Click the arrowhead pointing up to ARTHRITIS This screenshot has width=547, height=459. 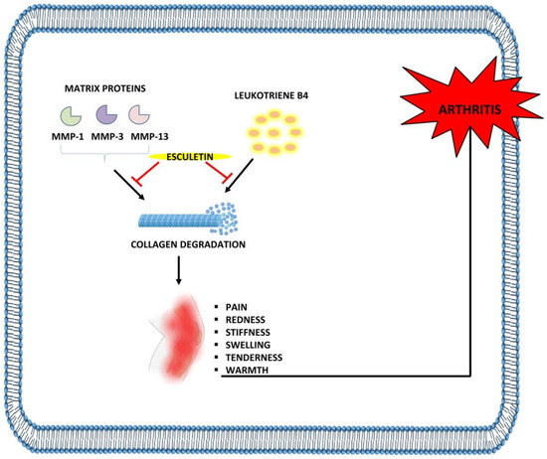pos(468,149)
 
